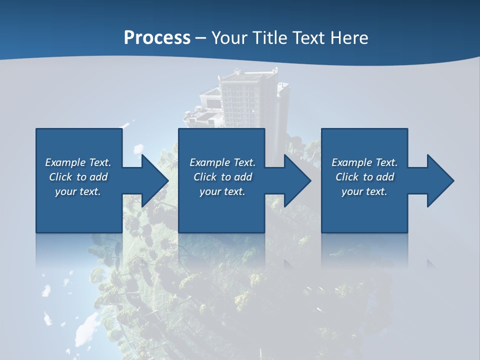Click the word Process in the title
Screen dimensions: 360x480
pyautogui.click(x=157, y=38)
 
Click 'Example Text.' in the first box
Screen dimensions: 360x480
pyautogui.click(x=78, y=162)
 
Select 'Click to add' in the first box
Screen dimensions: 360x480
pyautogui.click(x=78, y=177)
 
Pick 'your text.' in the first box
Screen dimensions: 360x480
pyautogui.click(x=78, y=191)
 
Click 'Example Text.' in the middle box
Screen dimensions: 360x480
pyautogui.click(x=222, y=162)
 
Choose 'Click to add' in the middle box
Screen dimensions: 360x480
pyautogui.click(x=222, y=177)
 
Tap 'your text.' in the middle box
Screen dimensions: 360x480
pyautogui.click(x=222, y=191)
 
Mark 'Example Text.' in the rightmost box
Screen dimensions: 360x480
pyautogui.click(x=364, y=162)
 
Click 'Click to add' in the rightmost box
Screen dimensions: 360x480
pyautogui.click(x=364, y=177)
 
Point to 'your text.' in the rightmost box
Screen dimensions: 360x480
pyautogui.click(x=364, y=191)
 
